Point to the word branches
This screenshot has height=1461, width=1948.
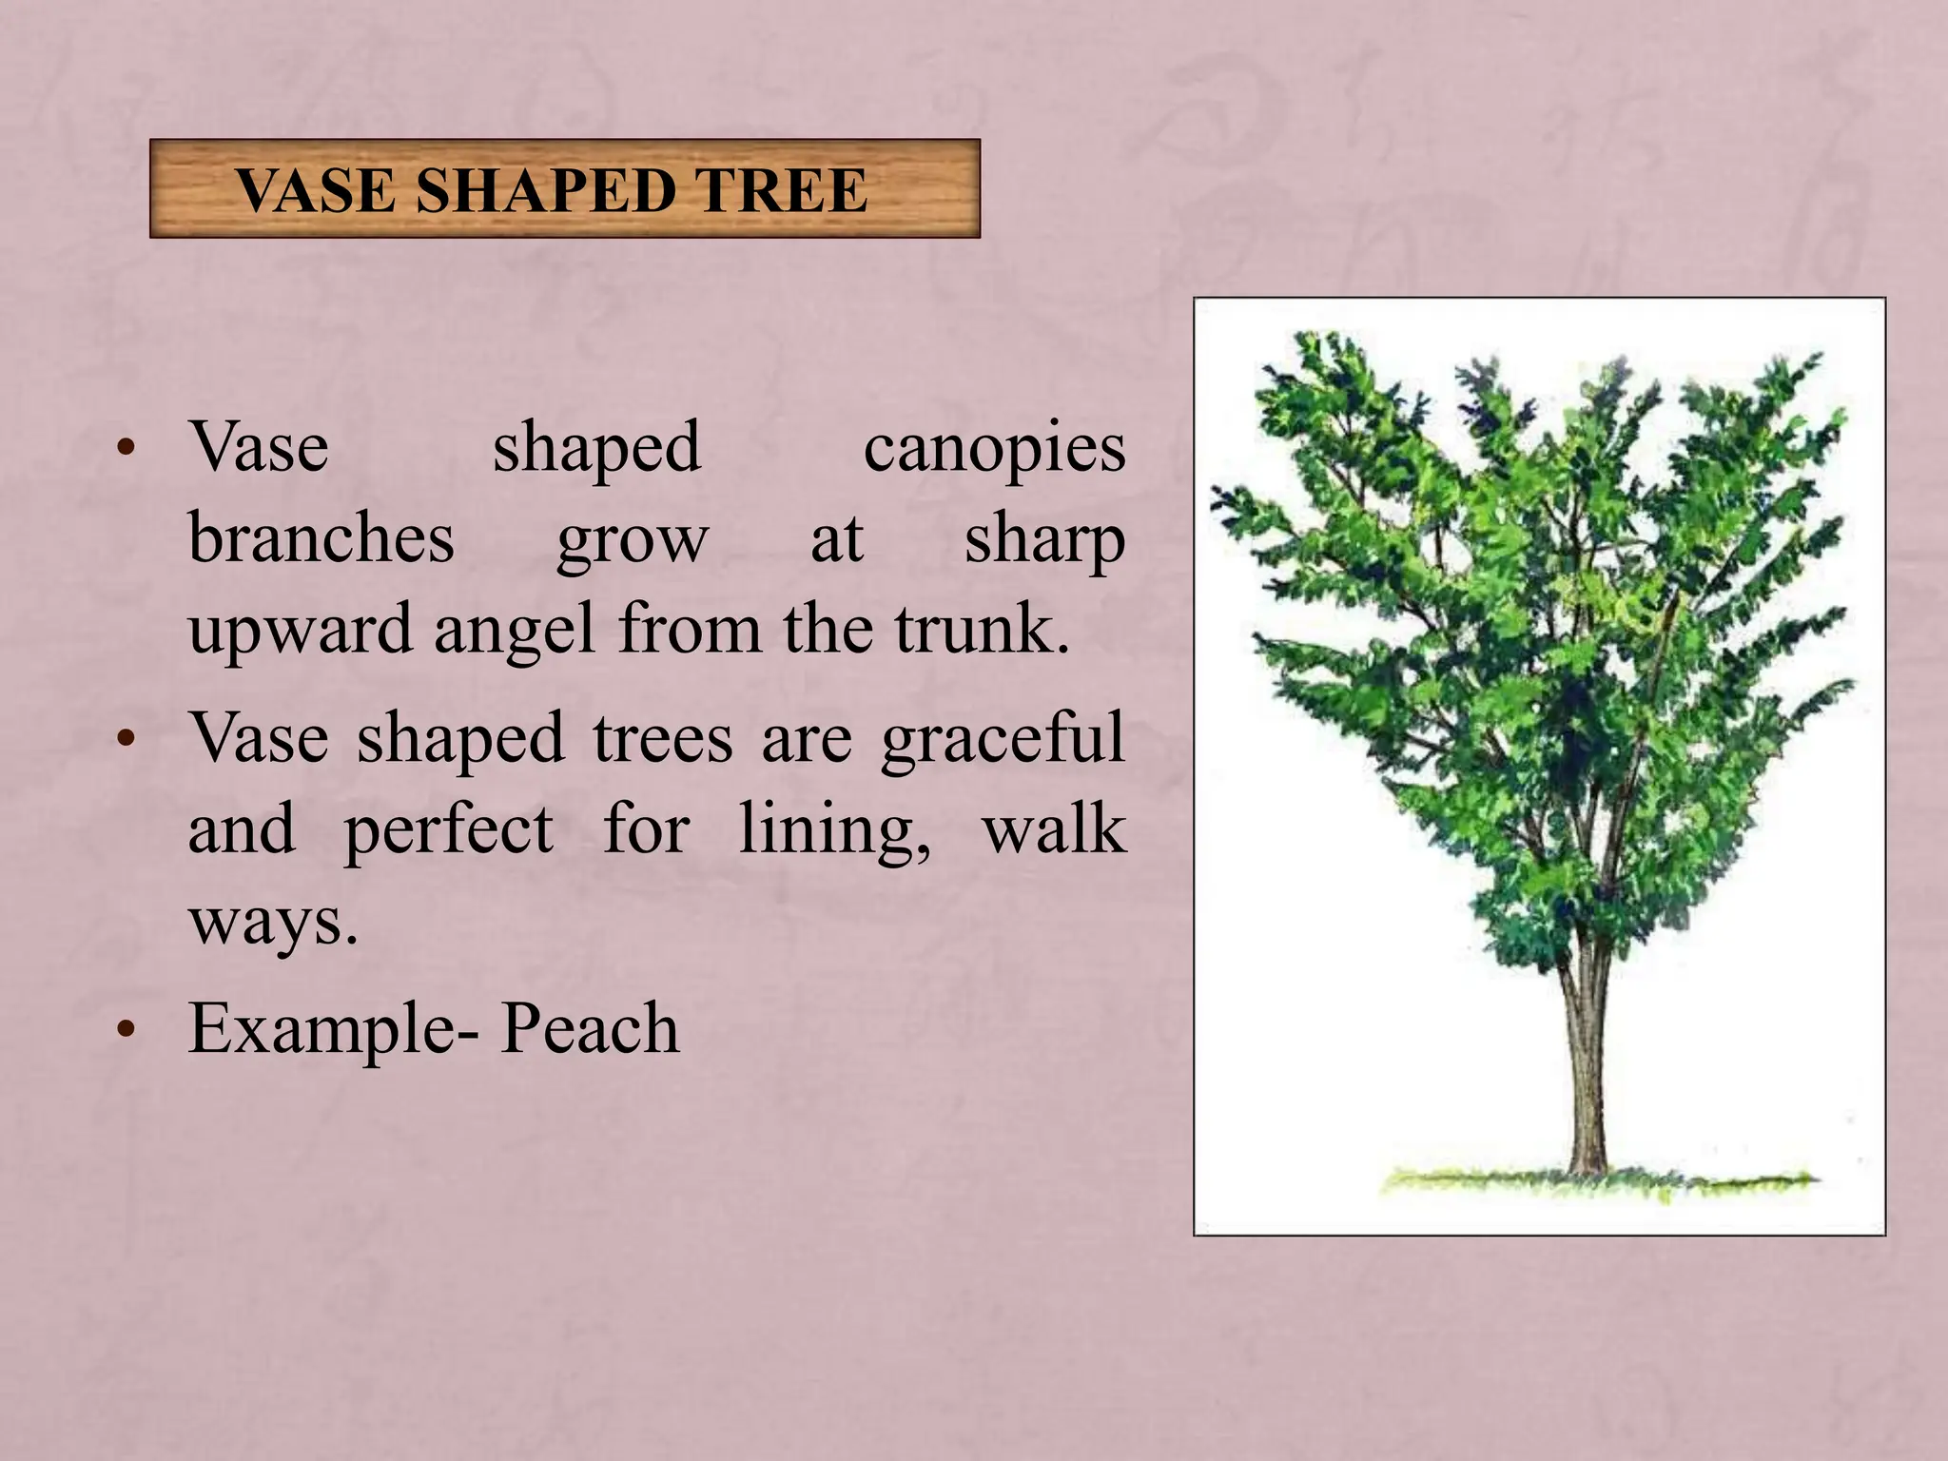coord(321,538)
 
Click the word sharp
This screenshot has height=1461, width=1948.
coord(1044,540)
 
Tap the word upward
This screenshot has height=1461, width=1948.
coord(301,631)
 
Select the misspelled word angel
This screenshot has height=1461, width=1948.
coord(515,631)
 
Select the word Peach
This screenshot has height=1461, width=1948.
coord(590,1028)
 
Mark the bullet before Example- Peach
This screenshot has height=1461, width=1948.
coord(126,1030)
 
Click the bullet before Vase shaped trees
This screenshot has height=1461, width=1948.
coord(126,739)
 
